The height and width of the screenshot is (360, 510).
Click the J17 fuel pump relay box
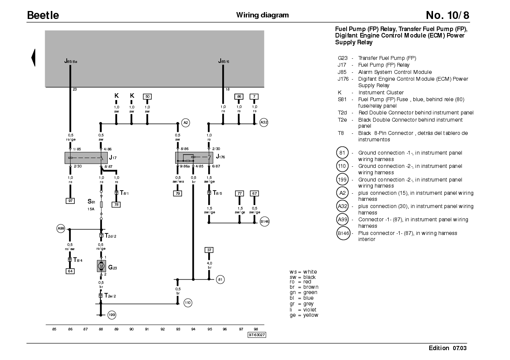[x=86, y=158]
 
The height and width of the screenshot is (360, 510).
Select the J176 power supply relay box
[x=194, y=158]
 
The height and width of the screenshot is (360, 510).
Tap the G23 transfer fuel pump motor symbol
[x=101, y=266]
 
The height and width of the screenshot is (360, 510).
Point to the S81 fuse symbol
[x=101, y=205]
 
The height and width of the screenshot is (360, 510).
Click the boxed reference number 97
[x=70, y=201]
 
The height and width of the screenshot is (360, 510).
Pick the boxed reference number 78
[x=116, y=205]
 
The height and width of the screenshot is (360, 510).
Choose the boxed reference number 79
[x=177, y=194]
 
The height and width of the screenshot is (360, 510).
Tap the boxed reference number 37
[x=209, y=250]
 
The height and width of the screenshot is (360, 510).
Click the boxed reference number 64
[x=70, y=271]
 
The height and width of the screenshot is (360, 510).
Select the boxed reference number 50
[x=147, y=97]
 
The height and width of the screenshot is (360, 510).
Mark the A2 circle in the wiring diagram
[x=185, y=123]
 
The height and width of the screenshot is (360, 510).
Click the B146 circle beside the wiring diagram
[x=265, y=221]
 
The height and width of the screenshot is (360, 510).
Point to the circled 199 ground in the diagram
[x=112, y=315]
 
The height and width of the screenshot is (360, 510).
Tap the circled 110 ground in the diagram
[x=188, y=303]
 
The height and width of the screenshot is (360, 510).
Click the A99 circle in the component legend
[x=342, y=219]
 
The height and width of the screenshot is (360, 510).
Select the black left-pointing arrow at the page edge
[x=33, y=58]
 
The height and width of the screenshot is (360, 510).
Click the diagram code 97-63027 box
[x=257, y=335]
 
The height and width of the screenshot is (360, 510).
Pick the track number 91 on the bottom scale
[x=147, y=329]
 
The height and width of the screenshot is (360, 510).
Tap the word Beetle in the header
[x=43, y=15]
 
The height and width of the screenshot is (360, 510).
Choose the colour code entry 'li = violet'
[x=303, y=310]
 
